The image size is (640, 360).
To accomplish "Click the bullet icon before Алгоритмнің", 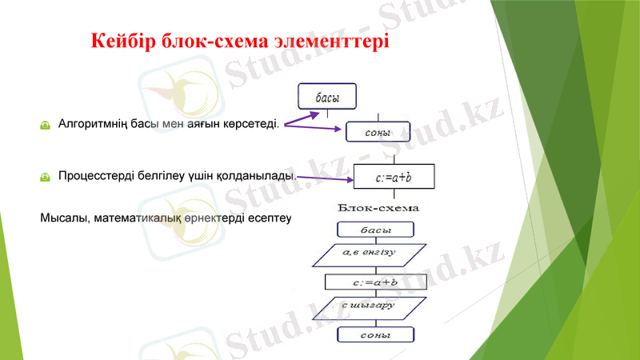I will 46,125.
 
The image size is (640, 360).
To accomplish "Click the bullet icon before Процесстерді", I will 46,175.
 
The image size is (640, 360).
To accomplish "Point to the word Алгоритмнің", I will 94,124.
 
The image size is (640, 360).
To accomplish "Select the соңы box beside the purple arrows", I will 377,131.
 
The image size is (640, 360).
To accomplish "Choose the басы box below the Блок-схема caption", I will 376,230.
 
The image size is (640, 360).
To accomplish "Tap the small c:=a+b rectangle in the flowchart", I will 376,282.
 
